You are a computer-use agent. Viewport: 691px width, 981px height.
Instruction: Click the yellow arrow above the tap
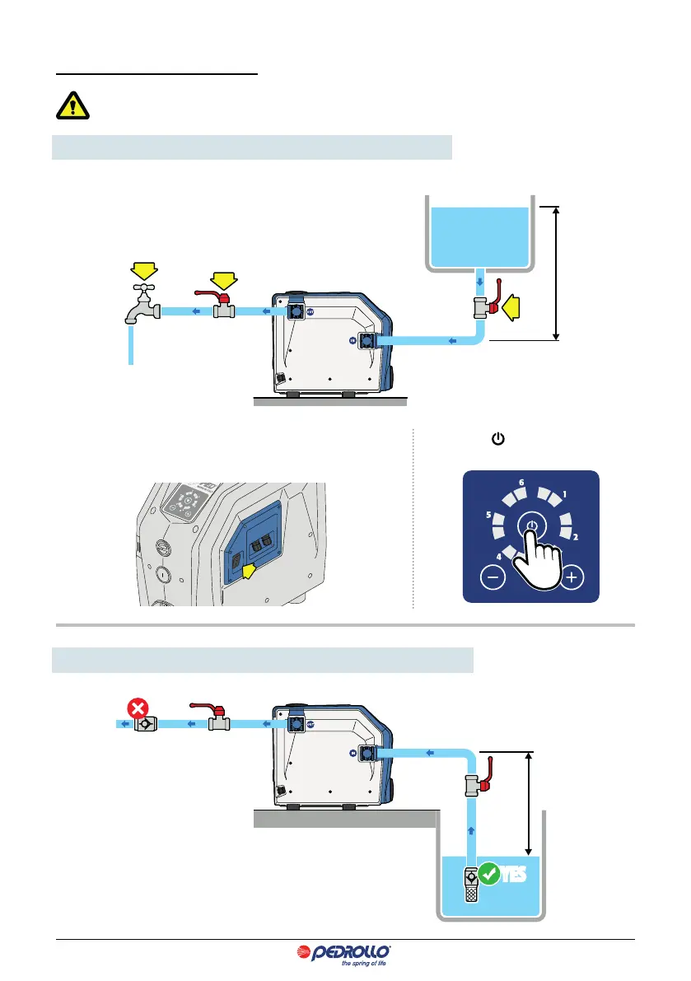pos(143,268)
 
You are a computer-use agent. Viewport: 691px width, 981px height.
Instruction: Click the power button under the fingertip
pos(532,526)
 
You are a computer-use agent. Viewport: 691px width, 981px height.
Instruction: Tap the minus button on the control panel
pos(492,577)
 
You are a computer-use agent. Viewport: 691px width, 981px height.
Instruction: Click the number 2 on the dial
pos(576,537)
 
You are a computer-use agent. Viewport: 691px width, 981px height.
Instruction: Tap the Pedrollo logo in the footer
pos(345,955)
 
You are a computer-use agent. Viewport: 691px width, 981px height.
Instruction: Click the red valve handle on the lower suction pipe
pos(488,778)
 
